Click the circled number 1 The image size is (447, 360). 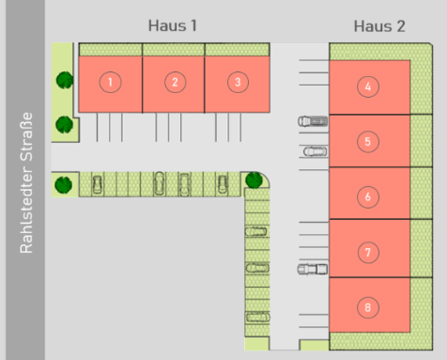(110, 82)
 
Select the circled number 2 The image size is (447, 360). (175, 82)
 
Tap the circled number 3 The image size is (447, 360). (238, 82)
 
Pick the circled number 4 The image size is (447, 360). (368, 86)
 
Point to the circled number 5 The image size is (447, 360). (368, 142)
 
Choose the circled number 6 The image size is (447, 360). (368, 197)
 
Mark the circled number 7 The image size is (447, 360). (368, 252)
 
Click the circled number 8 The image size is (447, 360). (368, 307)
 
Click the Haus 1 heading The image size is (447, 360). (173, 25)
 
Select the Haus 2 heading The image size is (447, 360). (379, 26)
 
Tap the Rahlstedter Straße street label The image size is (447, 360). (26, 182)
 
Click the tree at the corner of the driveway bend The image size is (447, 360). (254, 180)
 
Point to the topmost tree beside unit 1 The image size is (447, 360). (65, 80)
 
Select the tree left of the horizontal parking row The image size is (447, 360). (64, 185)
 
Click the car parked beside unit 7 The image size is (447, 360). (313, 269)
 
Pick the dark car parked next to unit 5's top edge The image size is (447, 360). (313, 121)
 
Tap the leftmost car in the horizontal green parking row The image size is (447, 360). (98, 184)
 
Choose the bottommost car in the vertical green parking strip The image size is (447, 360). (257, 317)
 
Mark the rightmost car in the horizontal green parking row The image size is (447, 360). (223, 184)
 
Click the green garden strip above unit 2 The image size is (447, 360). (174, 50)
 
